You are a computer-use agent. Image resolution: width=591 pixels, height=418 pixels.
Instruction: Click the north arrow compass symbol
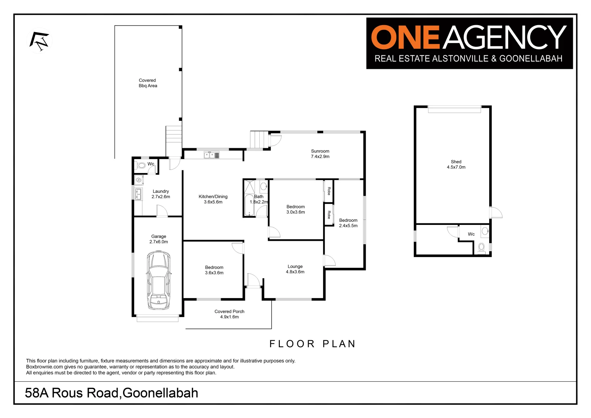point(39,41)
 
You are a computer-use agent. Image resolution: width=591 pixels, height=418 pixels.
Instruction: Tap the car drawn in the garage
point(158,280)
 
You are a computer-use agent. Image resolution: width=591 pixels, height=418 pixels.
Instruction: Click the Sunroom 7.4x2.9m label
point(320,154)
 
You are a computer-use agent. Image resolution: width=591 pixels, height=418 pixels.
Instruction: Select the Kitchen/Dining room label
point(213,199)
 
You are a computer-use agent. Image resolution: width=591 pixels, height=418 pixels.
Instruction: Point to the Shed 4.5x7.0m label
point(456,164)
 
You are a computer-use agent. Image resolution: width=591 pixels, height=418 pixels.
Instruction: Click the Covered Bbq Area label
point(148,83)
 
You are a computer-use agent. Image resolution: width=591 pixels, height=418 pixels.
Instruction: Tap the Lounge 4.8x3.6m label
point(295,269)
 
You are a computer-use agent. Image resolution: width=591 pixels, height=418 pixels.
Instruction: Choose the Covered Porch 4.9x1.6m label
point(230,314)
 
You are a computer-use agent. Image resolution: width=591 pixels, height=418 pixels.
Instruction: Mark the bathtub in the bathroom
point(249,205)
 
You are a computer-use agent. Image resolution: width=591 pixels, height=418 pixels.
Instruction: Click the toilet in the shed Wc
point(481,247)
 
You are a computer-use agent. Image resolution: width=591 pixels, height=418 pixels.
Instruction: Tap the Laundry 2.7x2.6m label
point(161,194)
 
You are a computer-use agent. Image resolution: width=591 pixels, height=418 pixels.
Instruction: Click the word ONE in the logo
point(405,38)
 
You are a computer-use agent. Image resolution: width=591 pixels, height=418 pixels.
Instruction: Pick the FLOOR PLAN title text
point(312,344)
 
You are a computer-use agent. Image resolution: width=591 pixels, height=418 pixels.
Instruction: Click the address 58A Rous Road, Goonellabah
point(111,393)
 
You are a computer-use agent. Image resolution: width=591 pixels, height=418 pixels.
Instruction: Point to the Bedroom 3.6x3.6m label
point(214,270)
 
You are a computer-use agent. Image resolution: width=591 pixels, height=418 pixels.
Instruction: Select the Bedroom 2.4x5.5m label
point(348,223)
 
